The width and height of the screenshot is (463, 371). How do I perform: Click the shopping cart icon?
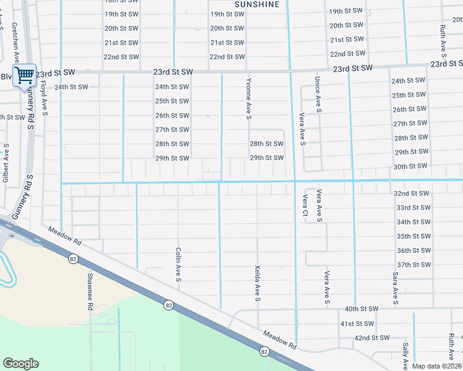tap(24, 75)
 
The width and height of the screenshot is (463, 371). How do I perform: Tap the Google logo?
tap(20, 364)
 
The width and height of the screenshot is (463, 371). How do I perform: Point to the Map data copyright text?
tap(437, 366)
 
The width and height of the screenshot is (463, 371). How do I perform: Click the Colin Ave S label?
tap(178, 265)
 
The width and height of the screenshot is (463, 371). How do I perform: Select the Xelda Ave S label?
tap(257, 283)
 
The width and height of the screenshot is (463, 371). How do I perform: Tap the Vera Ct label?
tap(305, 205)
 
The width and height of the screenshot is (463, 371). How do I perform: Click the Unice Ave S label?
tap(318, 94)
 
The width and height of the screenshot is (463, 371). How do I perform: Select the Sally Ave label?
tap(405, 353)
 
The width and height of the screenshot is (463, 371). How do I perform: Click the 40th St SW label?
tap(361, 309)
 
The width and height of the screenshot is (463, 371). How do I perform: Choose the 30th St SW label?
tap(410, 166)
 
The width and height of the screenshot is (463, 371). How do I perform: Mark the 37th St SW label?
tap(413, 265)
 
